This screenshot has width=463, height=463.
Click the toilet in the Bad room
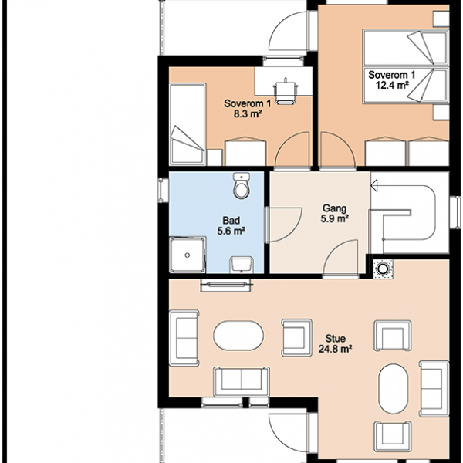242,185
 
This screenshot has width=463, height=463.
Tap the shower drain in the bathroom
188,255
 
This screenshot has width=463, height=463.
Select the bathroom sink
242,264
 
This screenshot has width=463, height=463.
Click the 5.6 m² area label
231,231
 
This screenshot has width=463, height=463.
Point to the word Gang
334,208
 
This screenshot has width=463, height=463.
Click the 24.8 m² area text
335,349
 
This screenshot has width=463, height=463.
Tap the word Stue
336,339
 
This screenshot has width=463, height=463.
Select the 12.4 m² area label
392,85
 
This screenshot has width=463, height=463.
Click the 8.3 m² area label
248,113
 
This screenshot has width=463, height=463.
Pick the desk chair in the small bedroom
286,92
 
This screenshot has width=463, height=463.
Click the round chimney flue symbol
383,269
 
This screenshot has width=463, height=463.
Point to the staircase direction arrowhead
374,186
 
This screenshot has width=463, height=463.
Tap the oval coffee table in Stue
238,336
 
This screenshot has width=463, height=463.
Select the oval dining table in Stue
394,389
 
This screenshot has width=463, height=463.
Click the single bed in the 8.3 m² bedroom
188,124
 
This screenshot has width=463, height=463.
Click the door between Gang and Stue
341,259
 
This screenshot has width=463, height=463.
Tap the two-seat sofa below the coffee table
242,381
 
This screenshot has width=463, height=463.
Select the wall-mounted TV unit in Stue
226,286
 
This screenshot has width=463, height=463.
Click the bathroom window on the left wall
161,191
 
